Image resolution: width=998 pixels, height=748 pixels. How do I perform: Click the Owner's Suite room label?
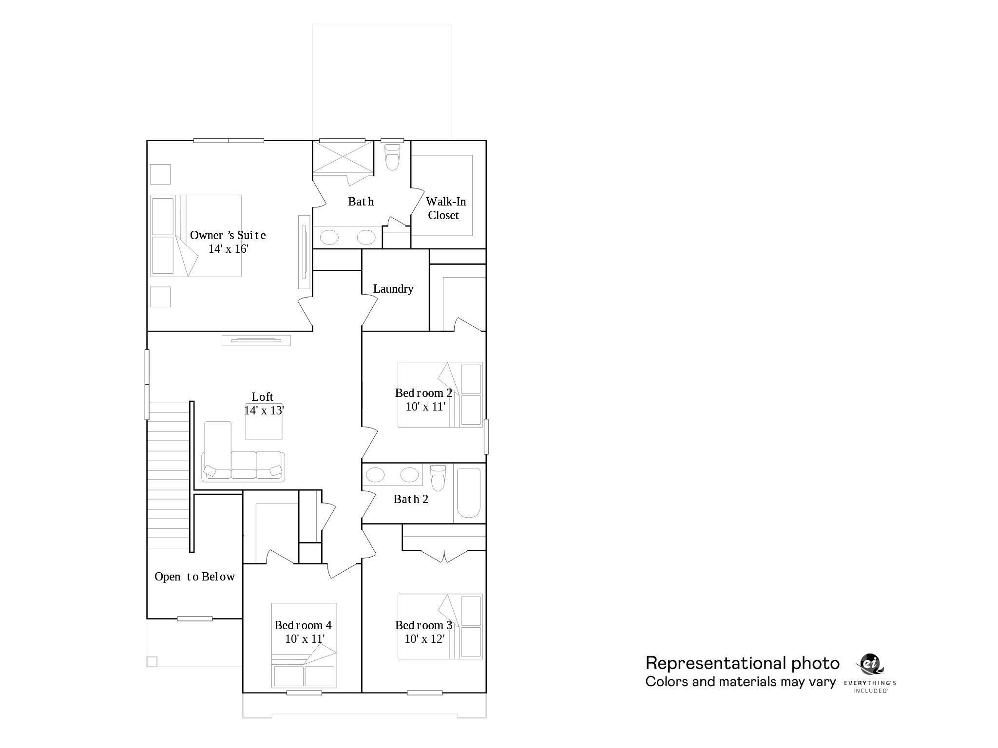click(x=228, y=235)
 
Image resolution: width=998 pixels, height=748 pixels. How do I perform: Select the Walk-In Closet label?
click(x=445, y=208)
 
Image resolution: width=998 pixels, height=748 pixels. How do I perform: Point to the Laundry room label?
click(x=393, y=289)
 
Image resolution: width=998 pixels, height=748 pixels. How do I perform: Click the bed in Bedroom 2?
click(x=440, y=394)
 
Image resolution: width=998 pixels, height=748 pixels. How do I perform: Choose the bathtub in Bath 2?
click(x=468, y=493)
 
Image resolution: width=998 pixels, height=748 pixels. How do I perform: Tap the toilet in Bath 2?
click(x=438, y=478)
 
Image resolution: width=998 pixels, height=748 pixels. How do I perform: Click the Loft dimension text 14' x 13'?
click(x=264, y=411)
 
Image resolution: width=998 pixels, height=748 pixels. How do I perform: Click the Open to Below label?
click(x=194, y=577)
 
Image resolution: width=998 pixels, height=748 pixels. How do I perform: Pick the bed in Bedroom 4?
click(x=304, y=646)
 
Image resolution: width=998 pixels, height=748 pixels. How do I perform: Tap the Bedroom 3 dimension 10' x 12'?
click(x=424, y=639)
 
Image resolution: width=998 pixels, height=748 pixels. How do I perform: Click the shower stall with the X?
click(x=343, y=156)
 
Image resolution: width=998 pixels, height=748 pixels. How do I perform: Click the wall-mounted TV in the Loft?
click(x=256, y=340)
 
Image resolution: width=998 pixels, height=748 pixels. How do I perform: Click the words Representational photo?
click(x=742, y=663)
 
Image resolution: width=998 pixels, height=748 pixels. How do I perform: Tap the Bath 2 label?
click(x=411, y=499)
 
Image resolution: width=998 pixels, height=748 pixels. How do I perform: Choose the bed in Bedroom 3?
click(x=440, y=626)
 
